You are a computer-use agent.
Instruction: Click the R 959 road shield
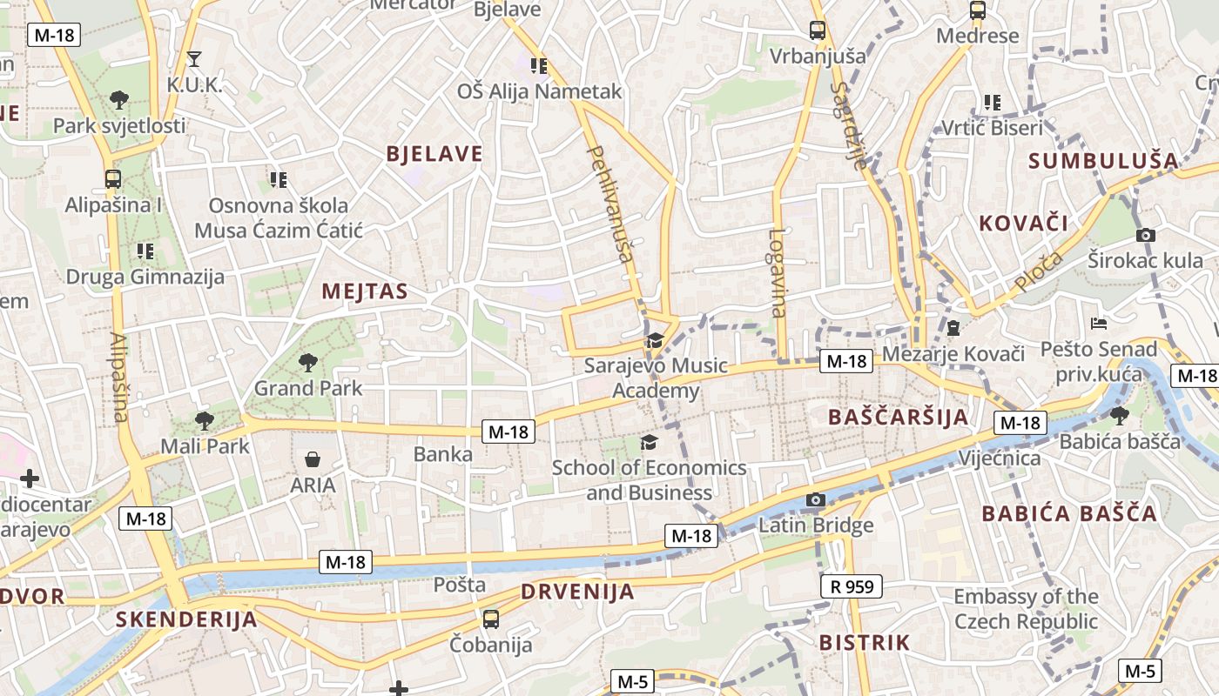point(852,586)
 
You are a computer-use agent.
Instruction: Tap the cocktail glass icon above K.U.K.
point(194,59)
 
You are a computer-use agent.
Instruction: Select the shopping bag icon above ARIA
point(313,458)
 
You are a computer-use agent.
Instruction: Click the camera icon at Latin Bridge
point(815,499)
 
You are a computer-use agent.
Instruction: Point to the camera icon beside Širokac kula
point(1146,235)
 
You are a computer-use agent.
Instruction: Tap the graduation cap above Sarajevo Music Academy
point(655,340)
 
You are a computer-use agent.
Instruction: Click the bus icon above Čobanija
point(491,619)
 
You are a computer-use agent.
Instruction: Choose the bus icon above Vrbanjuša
point(817,30)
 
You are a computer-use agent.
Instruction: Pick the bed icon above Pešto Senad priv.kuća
point(1099,324)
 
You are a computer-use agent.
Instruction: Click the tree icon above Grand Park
point(306,361)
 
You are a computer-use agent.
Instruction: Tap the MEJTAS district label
point(365,291)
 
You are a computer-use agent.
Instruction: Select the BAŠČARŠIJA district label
point(899,417)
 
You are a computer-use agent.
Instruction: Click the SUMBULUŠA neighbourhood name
point(1103,161)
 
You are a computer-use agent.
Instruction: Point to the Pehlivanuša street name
point(609,204)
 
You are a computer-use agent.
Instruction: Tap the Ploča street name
point(1039,271)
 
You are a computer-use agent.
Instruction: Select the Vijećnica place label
point(999,458)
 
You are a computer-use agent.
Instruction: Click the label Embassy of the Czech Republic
point(1026,609)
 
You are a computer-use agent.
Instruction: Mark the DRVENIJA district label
point(577,592)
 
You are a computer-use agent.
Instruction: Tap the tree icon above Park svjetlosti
point(119,99)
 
